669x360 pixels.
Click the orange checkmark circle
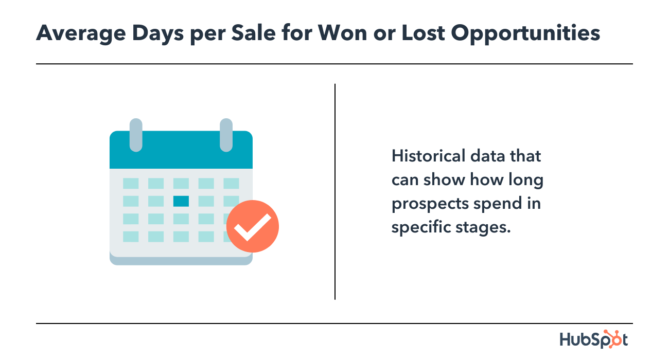pos(252,226)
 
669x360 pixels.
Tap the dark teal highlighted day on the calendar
pos(181,201)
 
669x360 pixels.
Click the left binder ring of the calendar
pos(136,135)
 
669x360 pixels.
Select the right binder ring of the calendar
pos(226,135)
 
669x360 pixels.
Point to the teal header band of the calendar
pos(181,154)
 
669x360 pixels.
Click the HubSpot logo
pos(593,339)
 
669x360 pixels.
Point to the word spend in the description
pos(497,204)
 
